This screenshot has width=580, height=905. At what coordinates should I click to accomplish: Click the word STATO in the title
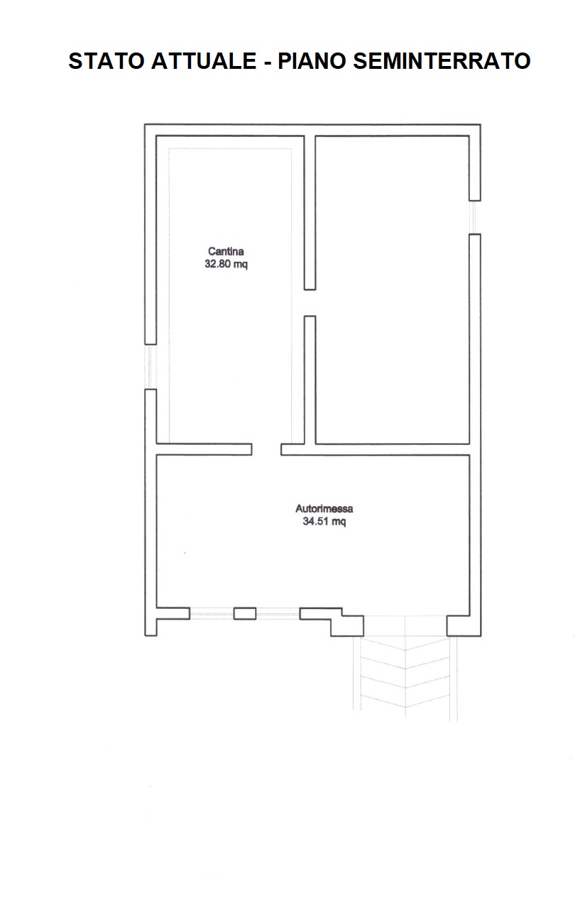[106, 61]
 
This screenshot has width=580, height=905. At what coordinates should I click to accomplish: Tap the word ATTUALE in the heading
[204, 61]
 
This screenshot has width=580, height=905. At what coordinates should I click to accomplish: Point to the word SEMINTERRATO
[442, 61]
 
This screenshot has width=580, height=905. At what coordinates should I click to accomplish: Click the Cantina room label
[226, 251]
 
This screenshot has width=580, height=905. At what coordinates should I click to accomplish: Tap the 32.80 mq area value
[226, 264]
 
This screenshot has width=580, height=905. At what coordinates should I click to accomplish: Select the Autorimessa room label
[324, 509]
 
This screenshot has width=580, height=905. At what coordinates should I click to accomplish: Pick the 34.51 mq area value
[324, 522]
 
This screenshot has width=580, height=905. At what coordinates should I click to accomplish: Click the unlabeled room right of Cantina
[392, 290]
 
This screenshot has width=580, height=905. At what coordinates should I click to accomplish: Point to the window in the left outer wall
[151, 366]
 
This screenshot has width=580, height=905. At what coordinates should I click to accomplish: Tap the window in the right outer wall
[475, 217]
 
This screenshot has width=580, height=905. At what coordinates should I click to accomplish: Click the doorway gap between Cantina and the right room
[310, 302]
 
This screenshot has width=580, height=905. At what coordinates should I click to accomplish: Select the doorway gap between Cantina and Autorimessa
[266, 449]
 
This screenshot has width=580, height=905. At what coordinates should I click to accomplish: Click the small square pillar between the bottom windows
[244, 613]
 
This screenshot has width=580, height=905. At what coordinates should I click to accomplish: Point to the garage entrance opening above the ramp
[405, 626]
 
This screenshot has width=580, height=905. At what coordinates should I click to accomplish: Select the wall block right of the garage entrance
[464, 626]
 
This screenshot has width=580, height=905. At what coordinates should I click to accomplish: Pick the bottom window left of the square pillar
[212, 614]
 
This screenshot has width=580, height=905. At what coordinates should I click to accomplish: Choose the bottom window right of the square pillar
[278, 614]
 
